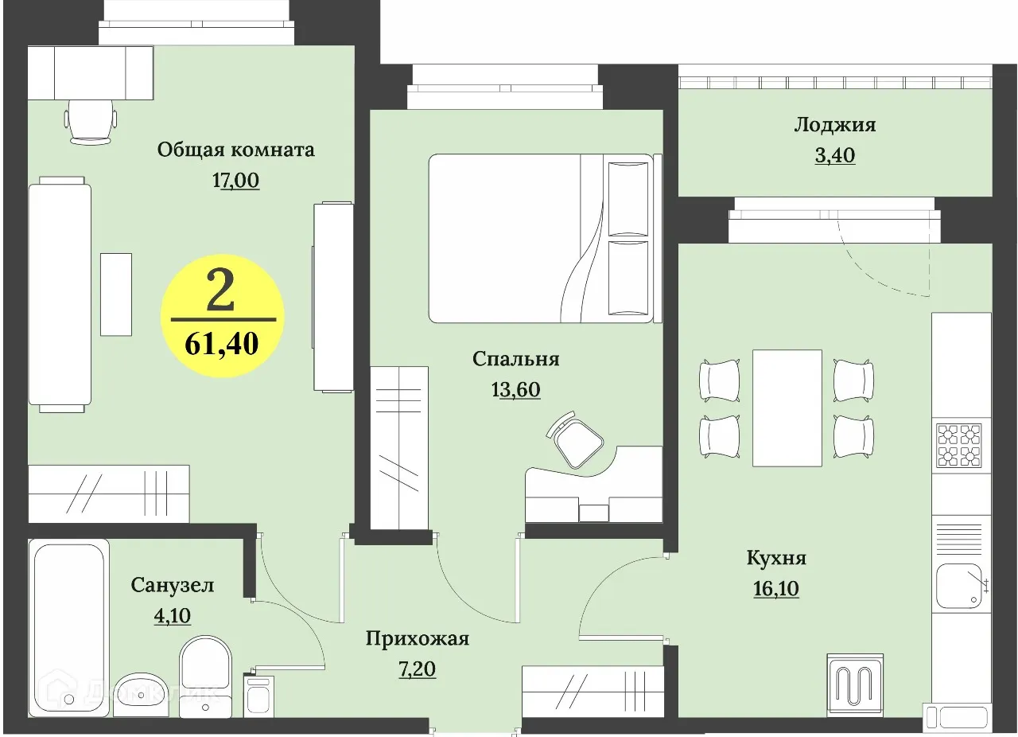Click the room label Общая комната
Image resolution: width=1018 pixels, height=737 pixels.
(x=235, y=150)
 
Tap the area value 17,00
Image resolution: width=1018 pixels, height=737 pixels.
(x=235, y=181)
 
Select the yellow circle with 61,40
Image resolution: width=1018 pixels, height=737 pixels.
(x=223, y=316)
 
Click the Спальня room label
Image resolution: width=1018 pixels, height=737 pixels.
(x=515, y=359)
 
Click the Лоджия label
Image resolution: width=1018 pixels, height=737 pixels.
(x=834, y=125)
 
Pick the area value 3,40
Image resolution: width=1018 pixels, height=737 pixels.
(x=834, y=155)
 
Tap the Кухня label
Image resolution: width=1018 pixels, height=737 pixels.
(x=776, y=558)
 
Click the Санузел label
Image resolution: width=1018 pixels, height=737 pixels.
(x=173, y=586)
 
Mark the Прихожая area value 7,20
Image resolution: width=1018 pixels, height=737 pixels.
(x=417, y=669)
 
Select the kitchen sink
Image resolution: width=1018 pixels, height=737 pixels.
(x=961, y=586)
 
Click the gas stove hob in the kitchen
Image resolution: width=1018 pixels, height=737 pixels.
(x=959, y=444)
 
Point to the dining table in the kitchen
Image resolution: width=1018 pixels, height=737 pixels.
(x=787, y=407)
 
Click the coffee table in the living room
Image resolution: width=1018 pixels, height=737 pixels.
(x=116, y=294)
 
